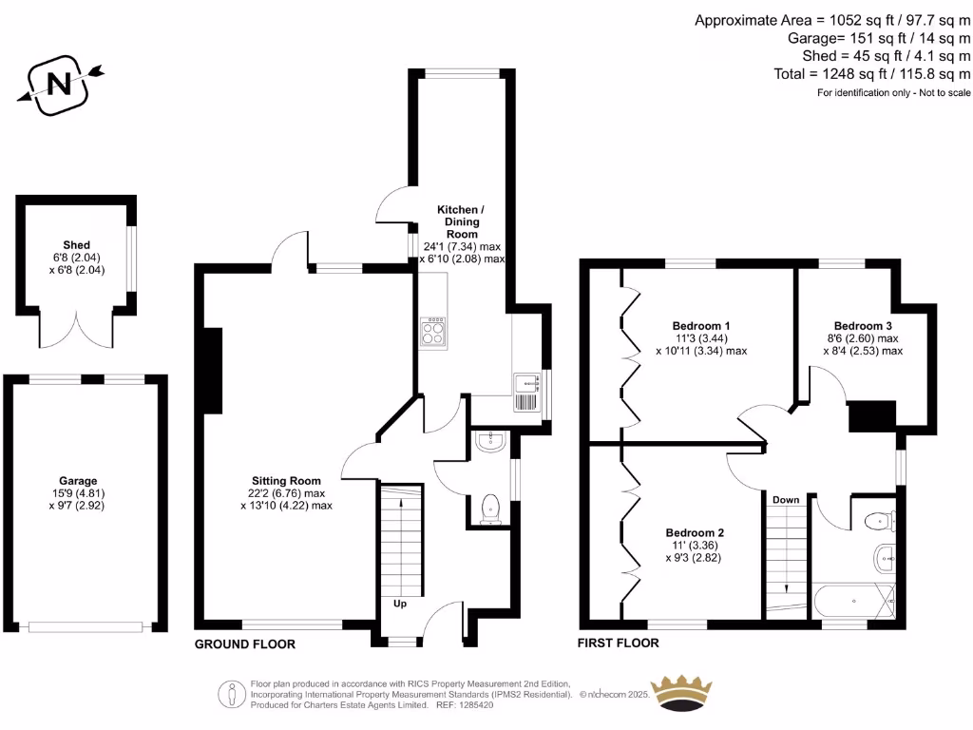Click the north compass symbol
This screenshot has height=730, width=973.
[x=59, y=85]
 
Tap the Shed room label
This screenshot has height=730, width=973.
[x=76, y=244]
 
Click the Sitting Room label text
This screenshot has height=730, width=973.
[x=286, y=481]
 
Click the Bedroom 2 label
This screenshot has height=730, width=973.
[x=695, y=532]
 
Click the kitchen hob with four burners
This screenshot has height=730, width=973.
[x=432, y=330]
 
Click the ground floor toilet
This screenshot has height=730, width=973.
[x=491, y=506]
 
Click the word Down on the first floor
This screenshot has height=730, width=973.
[x=786, y=500]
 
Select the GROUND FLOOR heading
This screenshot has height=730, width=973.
[x=245, y=644]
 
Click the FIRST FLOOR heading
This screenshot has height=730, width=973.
[x=619, y=644]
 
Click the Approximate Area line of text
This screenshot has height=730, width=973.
[x=832, y=20]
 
